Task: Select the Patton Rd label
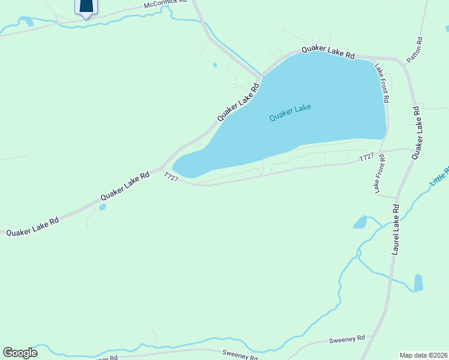[x=415, y=50]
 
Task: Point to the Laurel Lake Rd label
[x=396, y=230]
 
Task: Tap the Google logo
[x=20, y=352]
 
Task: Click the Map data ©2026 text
[x=423, y=355]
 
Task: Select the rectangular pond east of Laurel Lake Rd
[x=418, y=282]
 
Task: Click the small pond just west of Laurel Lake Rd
[x=360, y=223]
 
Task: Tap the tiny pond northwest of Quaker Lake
[x=214, y=65]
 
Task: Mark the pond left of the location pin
[x=27, y=22]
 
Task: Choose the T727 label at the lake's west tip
[x=172, y=178]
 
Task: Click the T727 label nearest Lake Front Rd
[x=366, y=157]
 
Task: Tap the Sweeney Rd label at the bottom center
[x=240, y=355]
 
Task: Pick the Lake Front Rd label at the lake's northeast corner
[x=383, y=83]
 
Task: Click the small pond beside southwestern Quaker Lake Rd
[x=103, y=207]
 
